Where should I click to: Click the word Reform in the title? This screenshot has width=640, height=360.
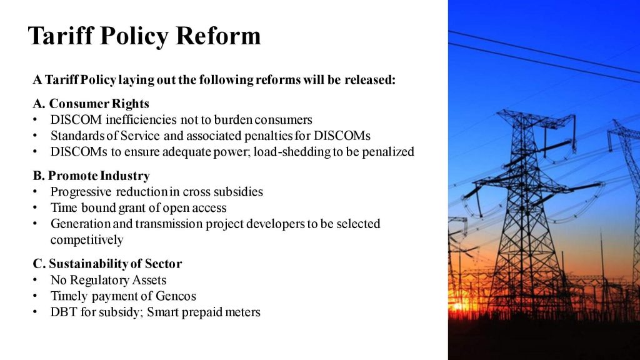[x=218, y=36]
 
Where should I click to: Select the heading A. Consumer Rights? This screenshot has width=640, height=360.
[x=91, y=104]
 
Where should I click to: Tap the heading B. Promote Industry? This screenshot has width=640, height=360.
[x=91, y=176]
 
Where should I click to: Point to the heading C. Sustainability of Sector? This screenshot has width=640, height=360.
[x=107, y=264]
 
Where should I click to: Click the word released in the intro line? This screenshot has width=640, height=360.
[x=370, y=79]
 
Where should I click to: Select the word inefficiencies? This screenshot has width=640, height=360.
[x=141, y=119]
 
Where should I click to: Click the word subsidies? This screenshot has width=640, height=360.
[x=238, y=191]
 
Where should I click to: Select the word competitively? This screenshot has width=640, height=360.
[x=87, y=239]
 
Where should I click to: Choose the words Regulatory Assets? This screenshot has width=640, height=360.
[x=118, y=280]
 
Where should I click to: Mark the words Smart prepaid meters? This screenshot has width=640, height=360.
[x=203, y=312]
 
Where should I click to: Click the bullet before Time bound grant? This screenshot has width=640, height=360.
[x=35, y=207]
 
